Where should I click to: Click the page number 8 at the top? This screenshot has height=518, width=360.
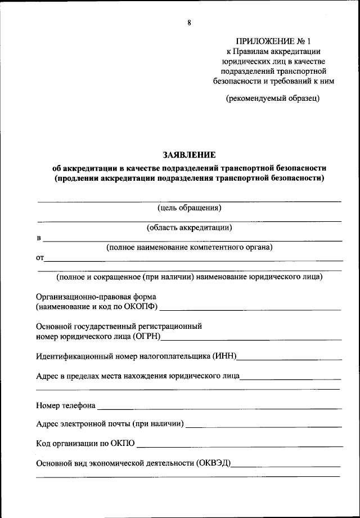coord(190,23)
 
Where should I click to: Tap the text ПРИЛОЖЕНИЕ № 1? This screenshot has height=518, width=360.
coord(273,41)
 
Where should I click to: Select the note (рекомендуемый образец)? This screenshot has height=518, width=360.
coord(273,99)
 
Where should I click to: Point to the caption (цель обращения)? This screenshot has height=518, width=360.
coord(190,207)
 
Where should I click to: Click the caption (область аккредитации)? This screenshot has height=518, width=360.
coord(190,227)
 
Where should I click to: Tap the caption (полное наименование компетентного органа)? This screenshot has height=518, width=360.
coord(190,247)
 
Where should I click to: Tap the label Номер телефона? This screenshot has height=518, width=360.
coord(65,405)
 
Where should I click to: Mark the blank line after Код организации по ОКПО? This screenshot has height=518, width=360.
coord(239,446)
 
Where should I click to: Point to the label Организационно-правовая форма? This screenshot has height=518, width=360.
coord(96,296)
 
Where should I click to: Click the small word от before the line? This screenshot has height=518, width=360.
coord(39,258)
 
